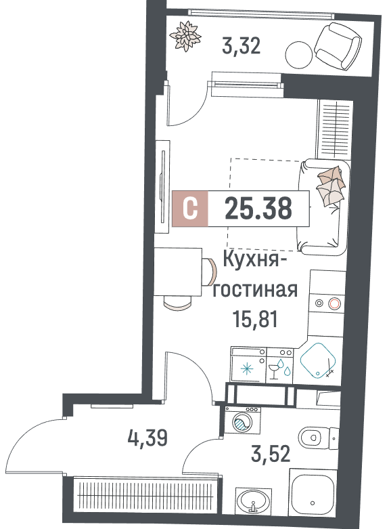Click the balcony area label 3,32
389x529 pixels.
241,46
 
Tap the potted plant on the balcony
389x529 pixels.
186,36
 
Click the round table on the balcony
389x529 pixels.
299,55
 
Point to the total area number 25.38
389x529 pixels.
258,208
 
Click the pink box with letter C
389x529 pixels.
190,208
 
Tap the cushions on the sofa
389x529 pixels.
331,185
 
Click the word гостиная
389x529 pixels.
255,290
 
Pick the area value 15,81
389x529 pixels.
255,319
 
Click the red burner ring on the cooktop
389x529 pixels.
335,304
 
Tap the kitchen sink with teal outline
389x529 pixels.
318,360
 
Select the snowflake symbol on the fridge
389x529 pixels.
247,368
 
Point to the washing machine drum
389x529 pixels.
242,422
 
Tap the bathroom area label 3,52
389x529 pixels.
271,454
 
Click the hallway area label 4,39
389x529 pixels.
147,438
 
